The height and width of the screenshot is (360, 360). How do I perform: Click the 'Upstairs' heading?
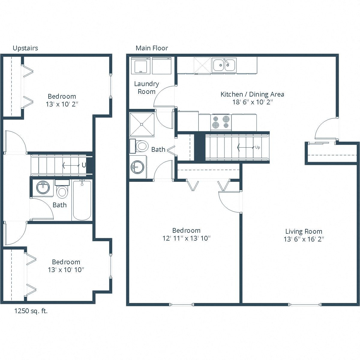click(25, 48)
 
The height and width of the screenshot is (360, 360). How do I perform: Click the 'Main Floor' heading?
click(152, 48)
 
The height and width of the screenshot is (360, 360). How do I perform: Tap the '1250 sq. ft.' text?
click(31, 311)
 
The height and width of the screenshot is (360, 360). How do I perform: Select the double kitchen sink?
click(224, 65)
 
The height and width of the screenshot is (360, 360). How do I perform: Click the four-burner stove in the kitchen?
click(221, 122)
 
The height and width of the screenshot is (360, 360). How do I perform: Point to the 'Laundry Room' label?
click(146, 88)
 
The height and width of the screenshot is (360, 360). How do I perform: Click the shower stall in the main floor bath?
click(142, 124)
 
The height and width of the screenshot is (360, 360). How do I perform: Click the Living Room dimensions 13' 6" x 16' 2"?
click(304, 239)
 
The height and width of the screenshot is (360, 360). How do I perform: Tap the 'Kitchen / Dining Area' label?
click(252, 94)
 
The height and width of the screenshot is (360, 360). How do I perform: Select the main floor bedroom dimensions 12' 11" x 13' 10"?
click(186, 238)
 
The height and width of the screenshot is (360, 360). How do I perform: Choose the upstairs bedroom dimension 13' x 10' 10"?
click(66, 269)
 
